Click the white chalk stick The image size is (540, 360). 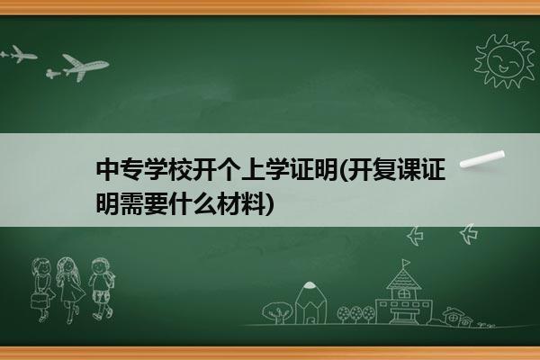(481, 159)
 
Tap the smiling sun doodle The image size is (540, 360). (505, 60)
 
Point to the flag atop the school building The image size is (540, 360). (406, 263)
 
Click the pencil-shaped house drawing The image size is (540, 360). (310, 302)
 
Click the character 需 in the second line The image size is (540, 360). (132, 203)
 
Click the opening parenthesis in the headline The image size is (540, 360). (343, 170)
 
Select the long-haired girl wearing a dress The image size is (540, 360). (70, 290)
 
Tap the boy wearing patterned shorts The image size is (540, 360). (102, 289)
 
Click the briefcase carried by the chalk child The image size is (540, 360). (39, 301)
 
